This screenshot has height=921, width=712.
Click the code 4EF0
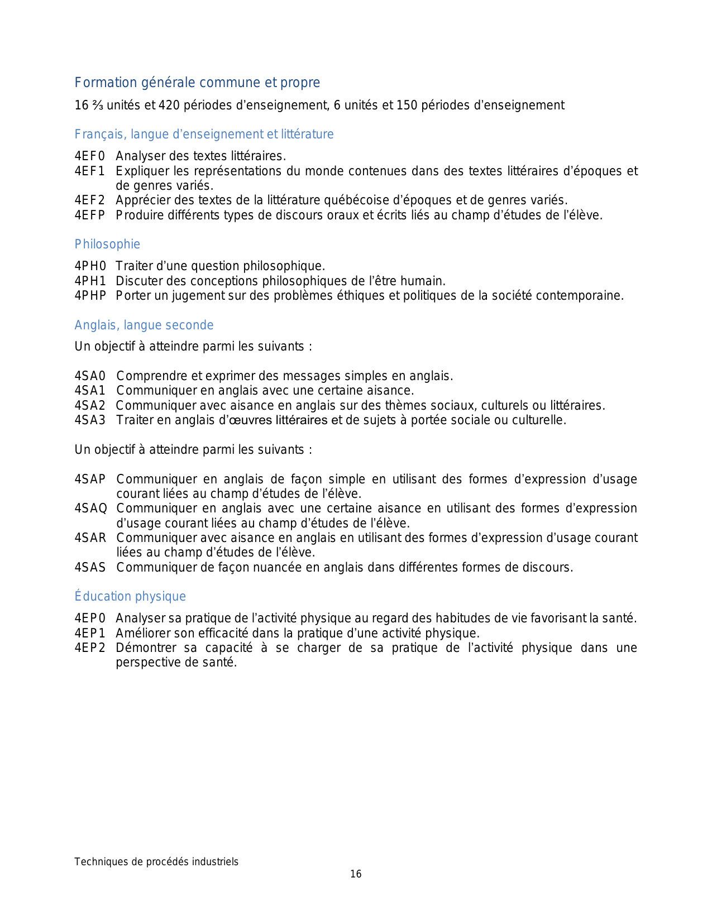(90, 156)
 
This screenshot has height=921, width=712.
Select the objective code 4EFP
(90, 215)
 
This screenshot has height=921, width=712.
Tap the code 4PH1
(90, 281)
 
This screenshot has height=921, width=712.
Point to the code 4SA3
(90, 420)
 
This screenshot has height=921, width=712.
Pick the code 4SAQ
(90, 509)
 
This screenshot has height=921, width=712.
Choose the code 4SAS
(90, 568)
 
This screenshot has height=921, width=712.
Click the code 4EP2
(90, 648)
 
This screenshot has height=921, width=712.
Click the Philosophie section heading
(107, 244)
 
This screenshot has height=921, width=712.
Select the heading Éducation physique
(130, 597)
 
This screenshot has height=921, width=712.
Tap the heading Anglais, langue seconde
(144, 325)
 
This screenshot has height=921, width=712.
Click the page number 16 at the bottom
(356, 874)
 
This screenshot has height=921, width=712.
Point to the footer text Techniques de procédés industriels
(156, 862)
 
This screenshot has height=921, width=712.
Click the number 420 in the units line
(169, 105)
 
